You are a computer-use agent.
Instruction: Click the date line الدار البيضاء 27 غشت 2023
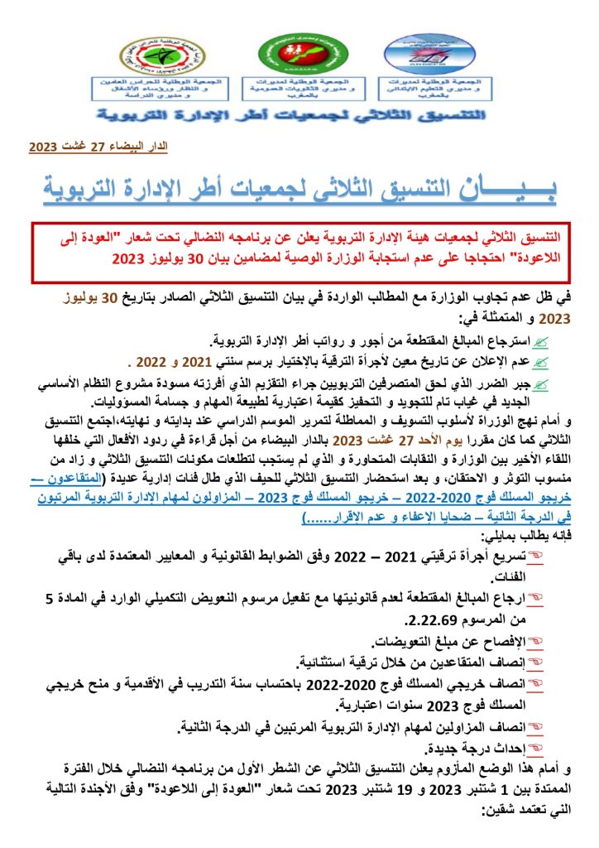[x=98, y=147]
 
